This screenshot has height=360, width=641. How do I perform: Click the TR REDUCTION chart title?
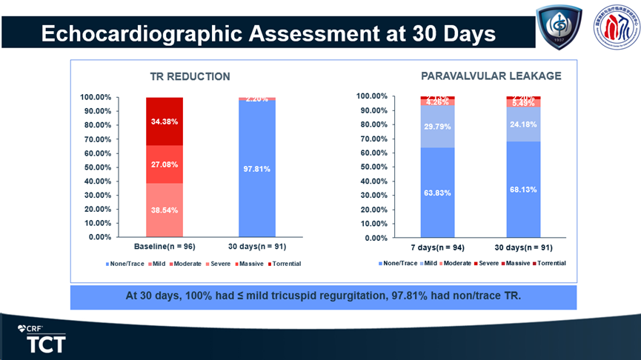(x=190, y=76)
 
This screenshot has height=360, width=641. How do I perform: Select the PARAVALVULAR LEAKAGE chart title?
(x=491, y=76)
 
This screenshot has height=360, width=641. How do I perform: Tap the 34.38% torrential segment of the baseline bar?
(x=165, y=121)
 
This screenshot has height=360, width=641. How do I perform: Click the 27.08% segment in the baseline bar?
(x=165, y=164)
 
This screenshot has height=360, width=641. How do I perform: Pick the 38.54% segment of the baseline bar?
(x=165, y=210)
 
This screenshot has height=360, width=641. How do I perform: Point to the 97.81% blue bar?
(x=257, y=169)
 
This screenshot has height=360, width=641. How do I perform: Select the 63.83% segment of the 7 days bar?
(x=438, y=193)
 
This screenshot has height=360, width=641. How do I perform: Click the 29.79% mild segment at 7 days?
(x=438, y=127)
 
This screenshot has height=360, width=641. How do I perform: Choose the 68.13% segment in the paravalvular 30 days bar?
(x=523, y=190)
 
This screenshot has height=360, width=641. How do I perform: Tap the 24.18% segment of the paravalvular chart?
(x=523, y=124)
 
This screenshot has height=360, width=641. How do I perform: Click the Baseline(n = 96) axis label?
(x=164, y=246)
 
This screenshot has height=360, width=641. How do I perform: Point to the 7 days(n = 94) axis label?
(x=438, y=247)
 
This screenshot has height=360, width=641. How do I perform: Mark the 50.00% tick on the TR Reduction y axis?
(x=96, y=167)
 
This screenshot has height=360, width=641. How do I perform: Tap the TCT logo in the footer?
(x=46, y=343)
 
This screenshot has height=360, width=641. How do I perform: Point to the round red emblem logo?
(x=617, y=30)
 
